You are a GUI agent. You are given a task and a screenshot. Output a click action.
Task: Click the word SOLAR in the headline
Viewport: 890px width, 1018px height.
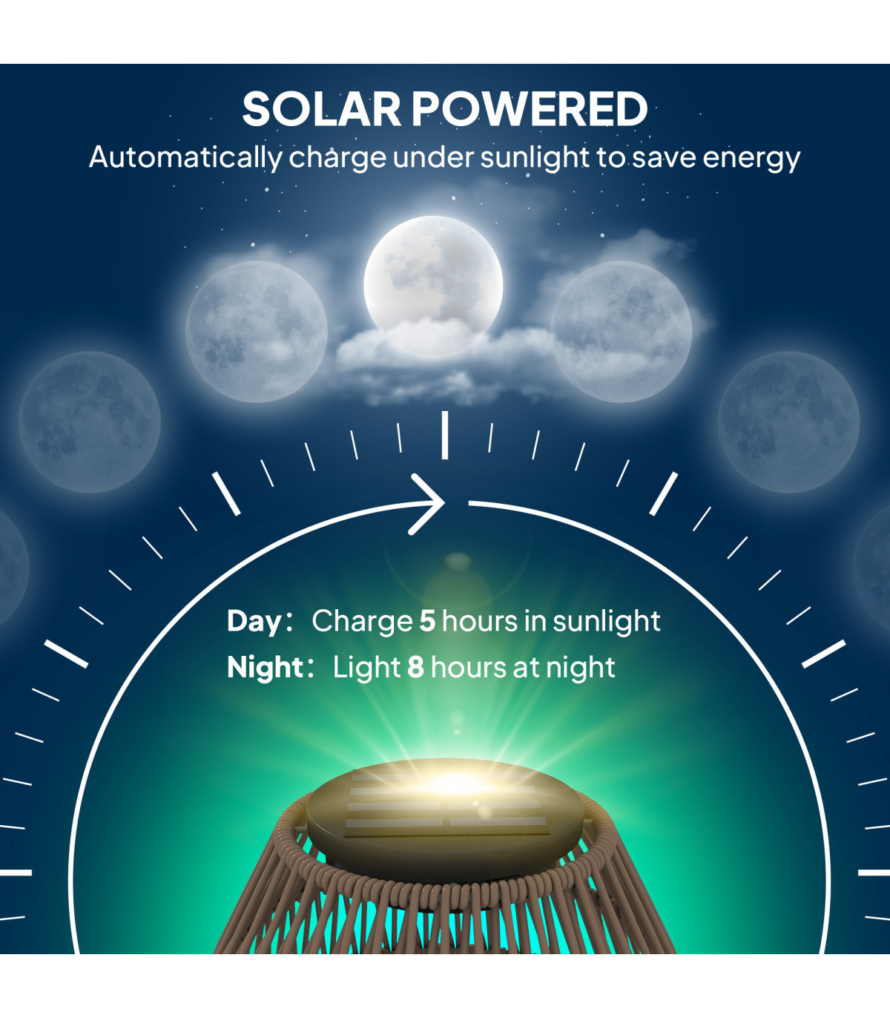click(321, 109)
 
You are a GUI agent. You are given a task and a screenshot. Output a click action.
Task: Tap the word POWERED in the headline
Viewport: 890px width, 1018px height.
click(530, 109)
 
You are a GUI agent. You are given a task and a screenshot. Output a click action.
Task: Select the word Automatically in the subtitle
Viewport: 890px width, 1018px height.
click(185, 158)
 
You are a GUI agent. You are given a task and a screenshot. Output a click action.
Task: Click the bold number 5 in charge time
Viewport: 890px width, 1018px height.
click(428, 621)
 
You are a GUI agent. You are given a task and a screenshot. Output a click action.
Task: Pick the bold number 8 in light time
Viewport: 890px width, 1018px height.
click(415, 667)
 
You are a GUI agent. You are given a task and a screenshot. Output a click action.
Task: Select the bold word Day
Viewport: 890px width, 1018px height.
click(254, 623)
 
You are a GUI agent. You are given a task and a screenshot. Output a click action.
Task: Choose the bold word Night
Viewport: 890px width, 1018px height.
click(265, 668)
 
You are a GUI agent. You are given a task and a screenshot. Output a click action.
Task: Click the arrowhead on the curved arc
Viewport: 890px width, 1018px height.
click(429, 504)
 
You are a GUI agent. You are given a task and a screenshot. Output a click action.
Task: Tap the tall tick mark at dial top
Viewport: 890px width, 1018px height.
click(445, 435)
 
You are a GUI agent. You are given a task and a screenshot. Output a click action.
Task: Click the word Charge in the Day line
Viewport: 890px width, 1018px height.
click(362, 622)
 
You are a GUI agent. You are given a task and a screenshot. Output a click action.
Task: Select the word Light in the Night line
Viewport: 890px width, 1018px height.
click(366, 667)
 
